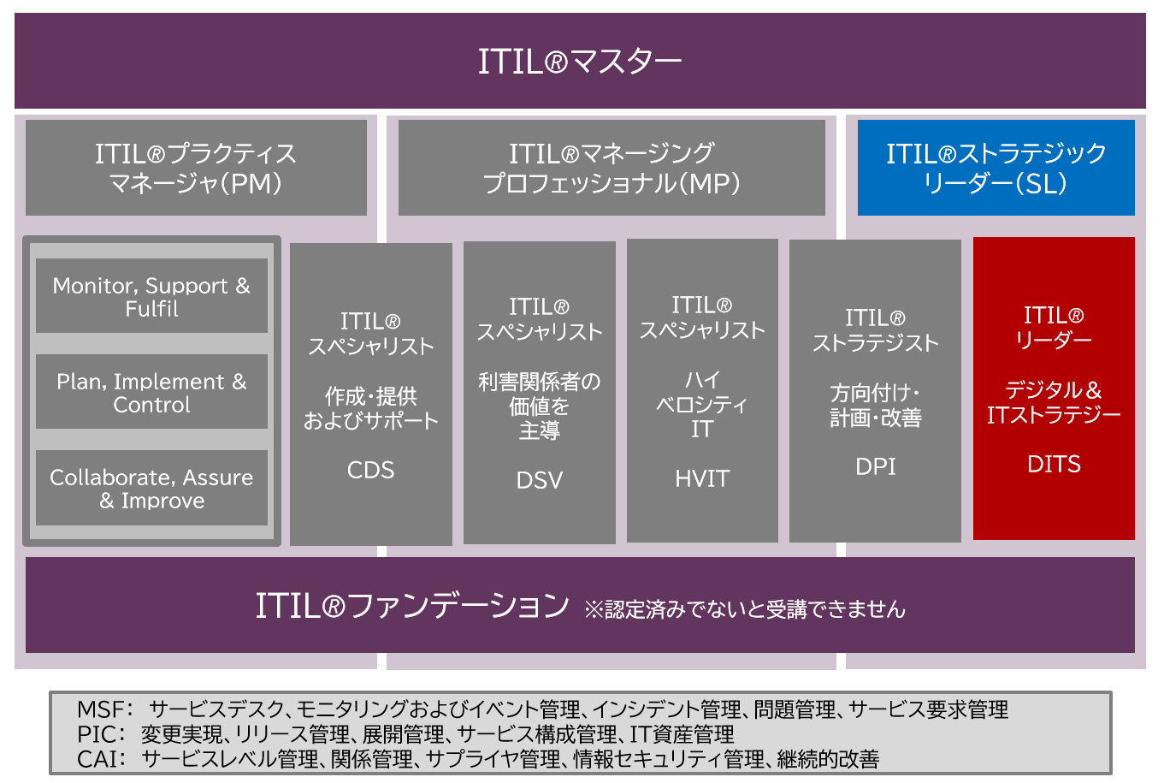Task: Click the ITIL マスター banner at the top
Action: pyautogui.click(x=580, y=61)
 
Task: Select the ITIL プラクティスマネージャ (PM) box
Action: pyautogui.click(x=196, y=168)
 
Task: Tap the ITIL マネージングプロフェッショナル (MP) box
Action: pyautogui.click(x=612, y=168)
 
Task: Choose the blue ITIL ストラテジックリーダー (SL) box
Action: pyautogui.click(x=996, y=168)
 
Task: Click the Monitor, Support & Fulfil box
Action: pyautogui.click(x=151, y=296)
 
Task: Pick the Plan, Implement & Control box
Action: pyautogui.click(x=151, y=392)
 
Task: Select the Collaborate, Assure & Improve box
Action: pyautogui.click(x=151, y=488)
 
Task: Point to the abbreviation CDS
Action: pyautogui.click(x=370, y=470)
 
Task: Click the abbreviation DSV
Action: pyautogui.click(x=539, y=480)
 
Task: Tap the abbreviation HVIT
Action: pyautogui.click(x=702, y=478)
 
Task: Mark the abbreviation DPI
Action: pyautogui.click(x=875, y=466)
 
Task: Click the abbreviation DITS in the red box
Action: pyautogui.click(x=1054, y=464)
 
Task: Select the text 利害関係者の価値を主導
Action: pyautogui.click(x=539, y=406)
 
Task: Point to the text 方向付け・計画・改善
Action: pyautogui.click(x=875, y=405)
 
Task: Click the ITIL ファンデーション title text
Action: pyautogui.click(x=412, y=606)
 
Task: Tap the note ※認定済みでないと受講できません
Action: pyautogui.click(x=744, y=609)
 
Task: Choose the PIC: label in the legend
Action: pyautogui.click(x=101, y=734)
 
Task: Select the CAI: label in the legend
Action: pyautogui.click(x=102, y=759)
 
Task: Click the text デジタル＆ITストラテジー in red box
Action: pyautogui.click(x=1054, y=402)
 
